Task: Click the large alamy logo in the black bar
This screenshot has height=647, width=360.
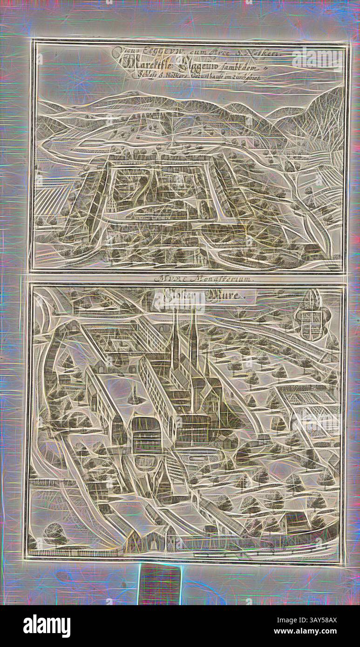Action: tap(47, 626)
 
